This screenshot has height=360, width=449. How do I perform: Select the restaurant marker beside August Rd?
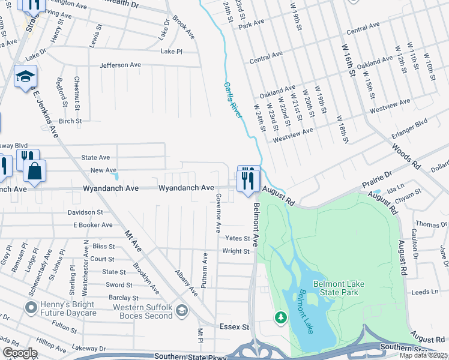coord(249,179)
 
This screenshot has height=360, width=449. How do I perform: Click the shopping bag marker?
coord(35,172)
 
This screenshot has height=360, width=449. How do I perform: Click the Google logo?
coord(20,353)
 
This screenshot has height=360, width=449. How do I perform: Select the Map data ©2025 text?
coord(423,355)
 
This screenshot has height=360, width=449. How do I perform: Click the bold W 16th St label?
coord(348,60)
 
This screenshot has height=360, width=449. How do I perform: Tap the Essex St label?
coord(237,327)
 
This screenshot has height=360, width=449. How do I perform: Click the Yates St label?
coord(237,238)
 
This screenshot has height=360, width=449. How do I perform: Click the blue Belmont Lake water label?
coord(310,312)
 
